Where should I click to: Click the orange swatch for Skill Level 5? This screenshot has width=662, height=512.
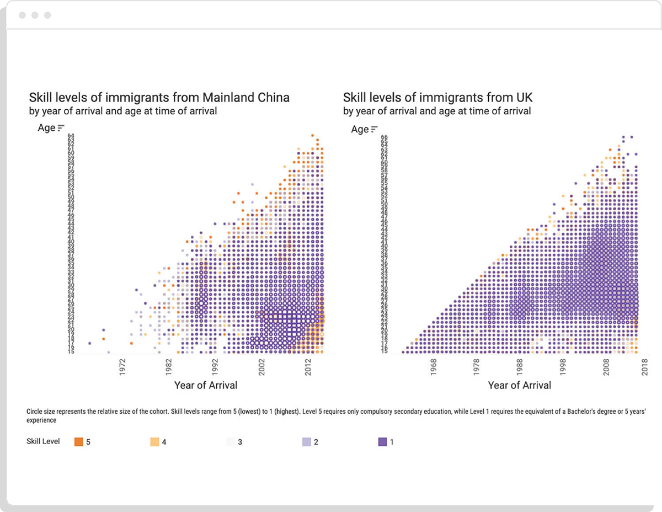coord(79,442)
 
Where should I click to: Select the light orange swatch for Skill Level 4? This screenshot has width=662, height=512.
coord(154,442)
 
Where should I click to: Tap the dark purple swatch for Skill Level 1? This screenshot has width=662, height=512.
coord(383,442)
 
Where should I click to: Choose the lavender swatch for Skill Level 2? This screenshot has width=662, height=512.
coord(307,442)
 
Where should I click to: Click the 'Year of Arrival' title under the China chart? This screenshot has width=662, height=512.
coord(206,385)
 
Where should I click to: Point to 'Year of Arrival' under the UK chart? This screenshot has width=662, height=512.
coord(519,385)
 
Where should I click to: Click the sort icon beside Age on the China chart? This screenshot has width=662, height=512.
coord(61,127)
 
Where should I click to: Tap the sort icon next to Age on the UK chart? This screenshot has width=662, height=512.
coord(374,129)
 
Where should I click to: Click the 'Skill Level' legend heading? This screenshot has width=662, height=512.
coord(43,442)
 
